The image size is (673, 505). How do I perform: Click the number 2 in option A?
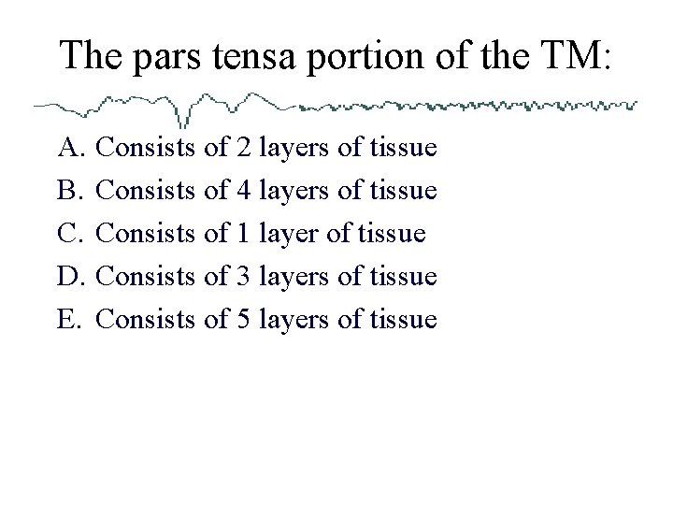(x=242, y=148)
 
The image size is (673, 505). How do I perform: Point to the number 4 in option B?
(x=242, y=191)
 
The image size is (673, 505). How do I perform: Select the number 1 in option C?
(x=242, y=234)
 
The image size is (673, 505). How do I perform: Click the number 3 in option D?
(x=242, y=277)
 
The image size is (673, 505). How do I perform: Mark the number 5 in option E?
(x=242, y=320)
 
